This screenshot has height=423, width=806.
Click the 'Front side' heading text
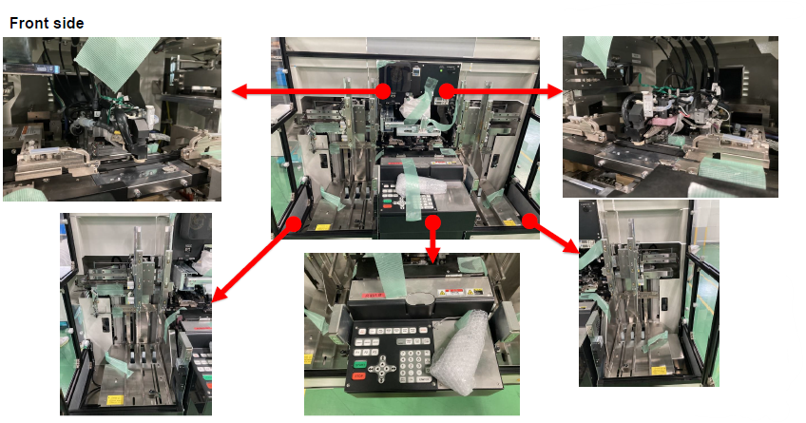click(x=45, y=21)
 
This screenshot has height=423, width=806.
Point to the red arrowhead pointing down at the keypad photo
click(x=433, y=257)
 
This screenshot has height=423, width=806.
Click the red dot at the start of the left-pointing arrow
click(x=382, y=91)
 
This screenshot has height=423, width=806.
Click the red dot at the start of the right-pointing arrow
click(x=445, y=90)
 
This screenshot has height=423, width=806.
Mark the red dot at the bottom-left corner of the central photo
click(x=295, y=222)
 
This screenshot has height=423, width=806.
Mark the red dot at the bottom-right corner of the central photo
click(x=528, y=221)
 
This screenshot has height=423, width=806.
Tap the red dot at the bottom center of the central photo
click(x=433, y=222)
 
